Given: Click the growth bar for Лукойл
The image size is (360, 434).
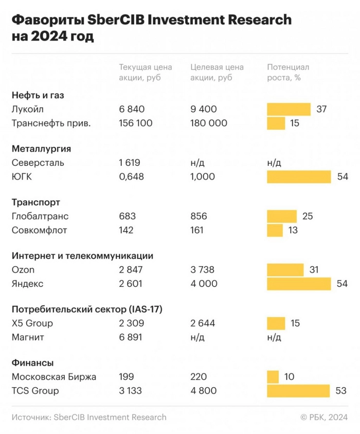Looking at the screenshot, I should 289,109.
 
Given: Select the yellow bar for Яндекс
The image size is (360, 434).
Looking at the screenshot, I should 299,284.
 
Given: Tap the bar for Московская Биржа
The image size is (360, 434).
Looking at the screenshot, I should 273,377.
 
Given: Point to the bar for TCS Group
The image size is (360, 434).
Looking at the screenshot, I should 298,391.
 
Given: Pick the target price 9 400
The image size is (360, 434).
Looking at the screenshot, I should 204,109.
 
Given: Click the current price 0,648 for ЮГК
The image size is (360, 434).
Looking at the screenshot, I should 132,177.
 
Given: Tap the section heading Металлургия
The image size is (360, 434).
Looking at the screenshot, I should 41,149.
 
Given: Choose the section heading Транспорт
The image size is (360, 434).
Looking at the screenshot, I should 35,202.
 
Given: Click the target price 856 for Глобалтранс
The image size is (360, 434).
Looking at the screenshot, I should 199,216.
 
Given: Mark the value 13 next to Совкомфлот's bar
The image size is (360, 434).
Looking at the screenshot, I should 293,230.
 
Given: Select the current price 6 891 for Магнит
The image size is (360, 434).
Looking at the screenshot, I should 131,337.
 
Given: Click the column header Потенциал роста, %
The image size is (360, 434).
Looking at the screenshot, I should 289,73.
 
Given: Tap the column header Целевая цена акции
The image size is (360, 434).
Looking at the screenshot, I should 217,73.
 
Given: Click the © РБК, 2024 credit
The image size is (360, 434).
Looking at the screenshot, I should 323,417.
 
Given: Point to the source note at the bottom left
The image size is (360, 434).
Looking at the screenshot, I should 89,417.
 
